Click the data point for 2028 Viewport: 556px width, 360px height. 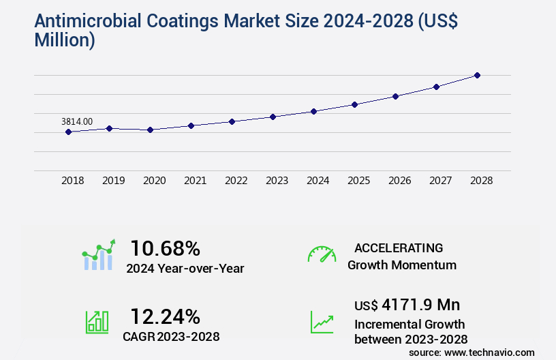pyautogui.click(x=477, y=75)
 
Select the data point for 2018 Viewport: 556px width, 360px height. pyautogui.click(x=68, y=132)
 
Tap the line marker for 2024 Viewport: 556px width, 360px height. pyautogui.click(x=313, y=111)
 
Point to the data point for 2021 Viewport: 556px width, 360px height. pyautogui.click(x=191, y=125)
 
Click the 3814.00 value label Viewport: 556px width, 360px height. pyautogui.click(x=77, y=121)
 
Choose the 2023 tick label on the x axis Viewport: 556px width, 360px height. pyautogui.click(x=277, y=181)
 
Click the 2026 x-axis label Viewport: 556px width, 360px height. pyautogui.click(x=399, y=181)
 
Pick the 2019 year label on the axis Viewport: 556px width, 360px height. pyautogui.click(x=113, y=181)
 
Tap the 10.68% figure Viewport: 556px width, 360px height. pyautogui.click(x=166, y=247)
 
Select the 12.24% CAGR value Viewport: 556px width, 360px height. pyautogui.click(x=166, y=316)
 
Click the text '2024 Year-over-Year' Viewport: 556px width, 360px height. pyautogui.click(x=185, y=269)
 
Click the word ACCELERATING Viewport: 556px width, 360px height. pyautogui.click(x=399, y=247)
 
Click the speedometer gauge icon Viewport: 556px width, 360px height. pyautogui.click(x=322, y=254)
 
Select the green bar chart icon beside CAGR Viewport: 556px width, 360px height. pyautogui.click(x=97, y=322)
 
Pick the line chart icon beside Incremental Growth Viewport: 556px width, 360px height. pyautogui.click(x=322, y=322)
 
